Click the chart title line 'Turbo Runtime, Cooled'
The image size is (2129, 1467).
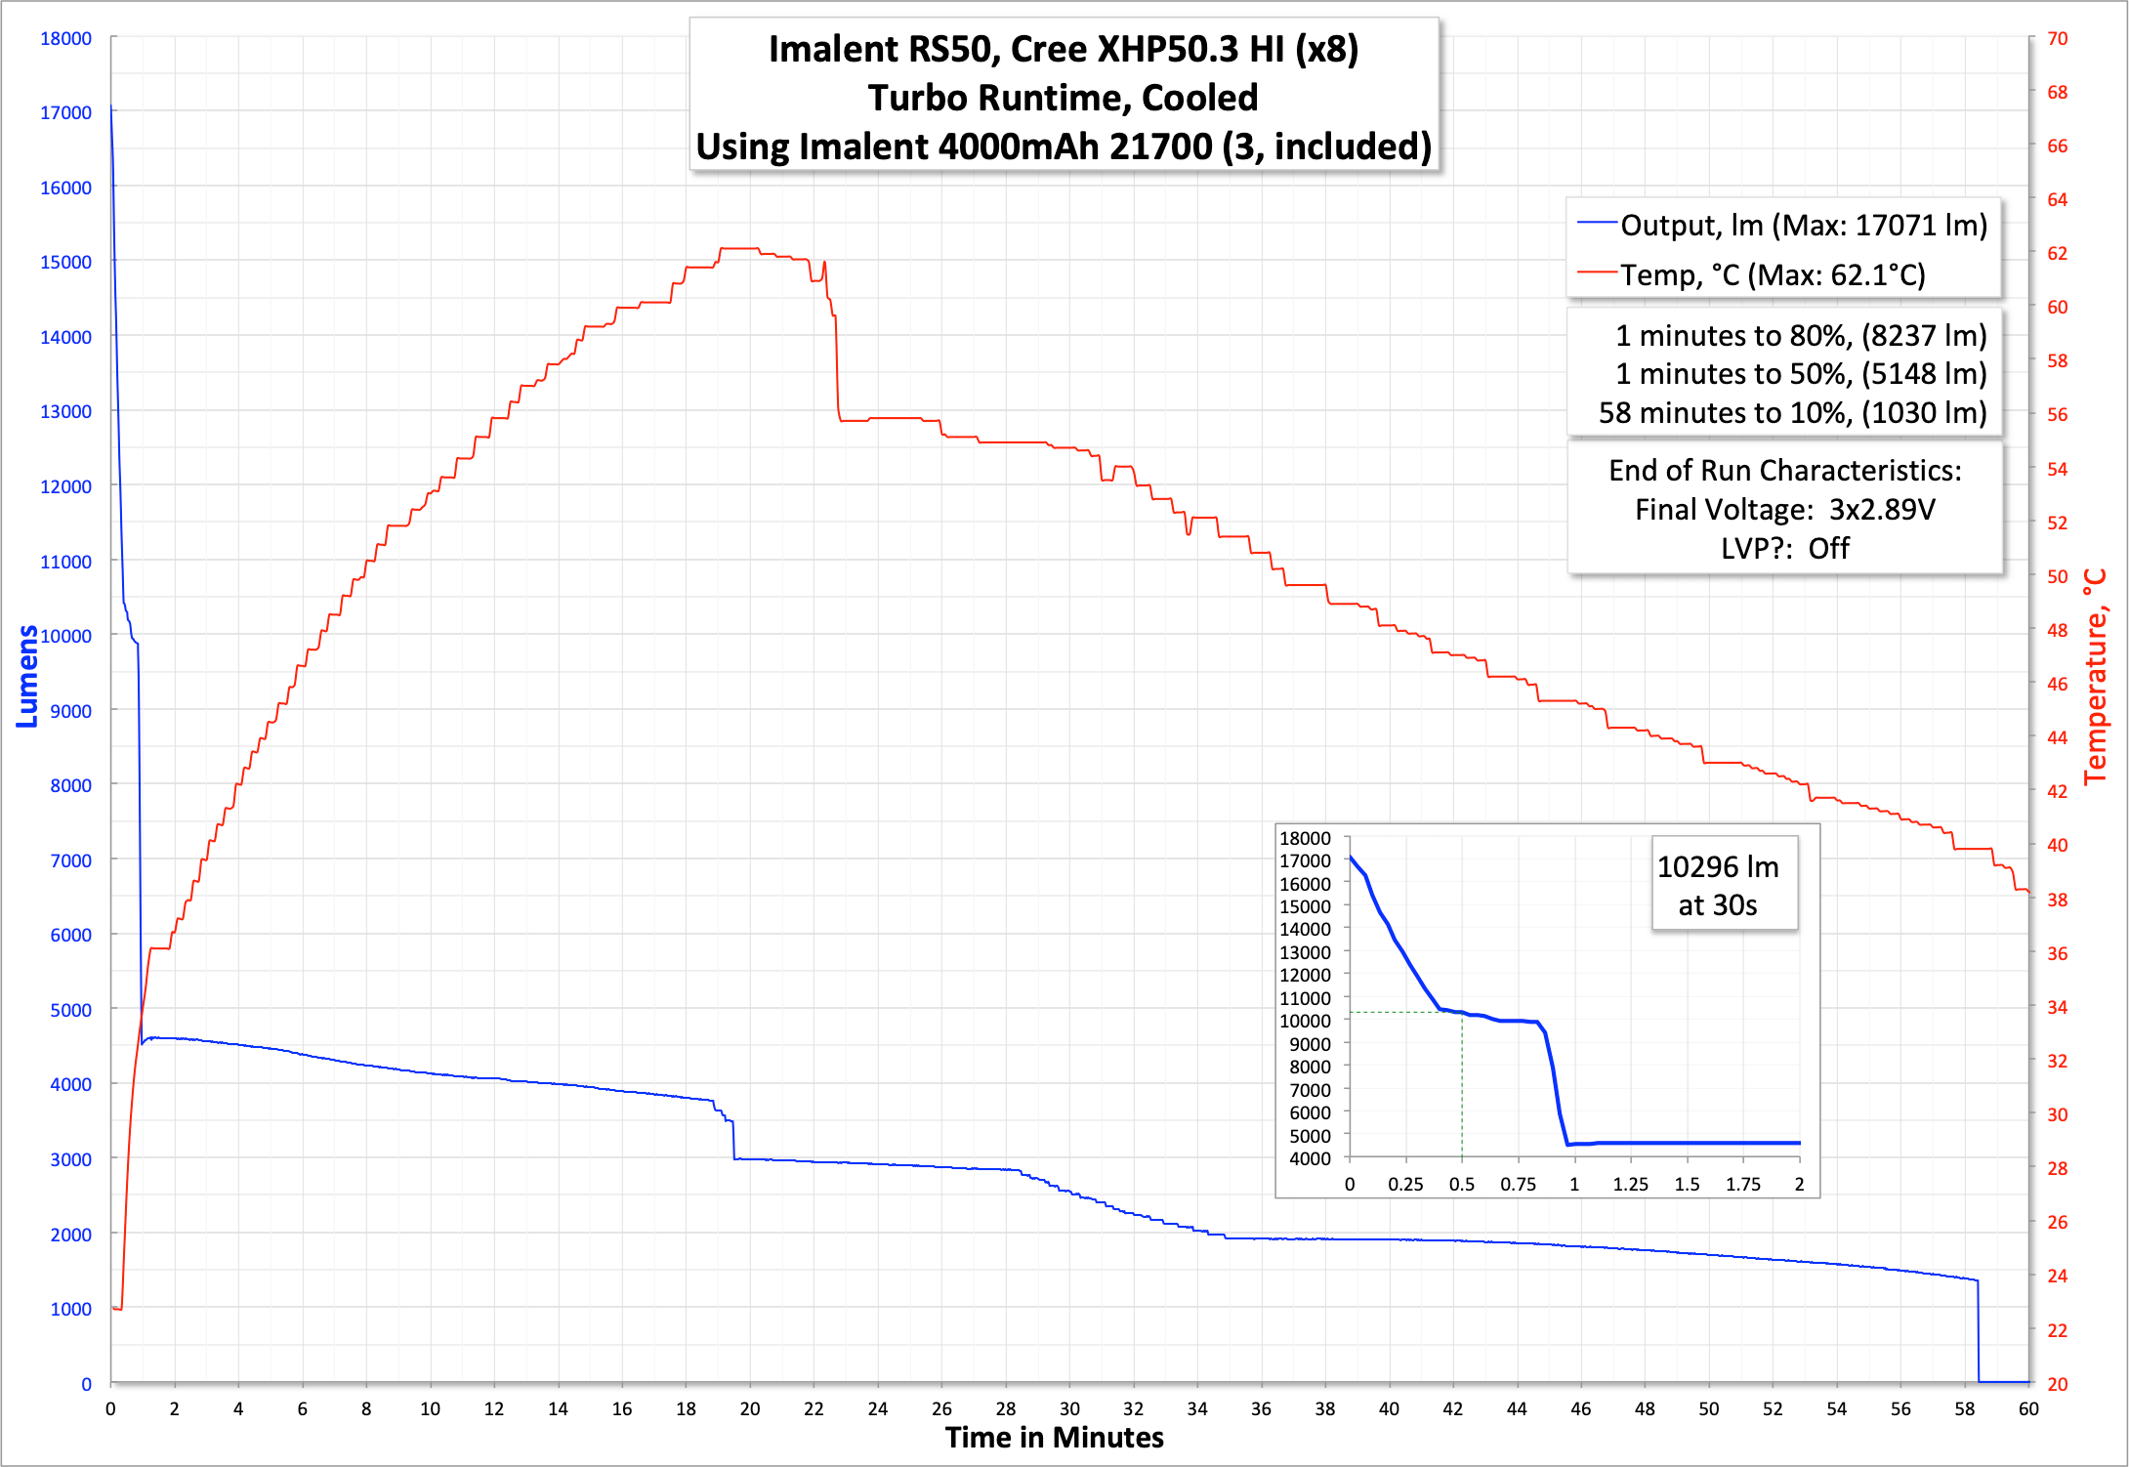coord(1063,98)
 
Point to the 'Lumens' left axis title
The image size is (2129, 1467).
coord(27,676)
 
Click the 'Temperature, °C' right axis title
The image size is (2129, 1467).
coord(2096,676)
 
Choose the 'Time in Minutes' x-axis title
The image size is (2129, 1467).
coord(1054,1437)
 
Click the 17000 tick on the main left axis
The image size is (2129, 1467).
coord(65,112)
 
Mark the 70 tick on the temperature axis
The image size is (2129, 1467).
coord(2057,38)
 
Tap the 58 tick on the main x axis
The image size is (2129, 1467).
coord(1964,1408)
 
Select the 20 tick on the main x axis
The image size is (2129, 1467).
coord(749,1408)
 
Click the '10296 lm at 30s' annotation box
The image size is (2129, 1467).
coord(1724,885)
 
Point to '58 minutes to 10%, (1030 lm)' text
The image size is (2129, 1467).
coord(1792,413)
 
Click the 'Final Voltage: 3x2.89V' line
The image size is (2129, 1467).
coord(1784,510)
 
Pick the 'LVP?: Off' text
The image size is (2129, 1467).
coord(1784,549)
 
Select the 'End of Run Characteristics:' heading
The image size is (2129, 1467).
coord(1784,471)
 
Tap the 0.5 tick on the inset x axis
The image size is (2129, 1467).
coord(1461,1185)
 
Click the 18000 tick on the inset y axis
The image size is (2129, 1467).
coord(1305,838)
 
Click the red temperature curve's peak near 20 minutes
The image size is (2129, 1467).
coord(739,249)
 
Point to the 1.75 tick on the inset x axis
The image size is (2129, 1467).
coord(1742,1185)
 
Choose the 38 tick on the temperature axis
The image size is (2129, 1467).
coord(2057,900)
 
